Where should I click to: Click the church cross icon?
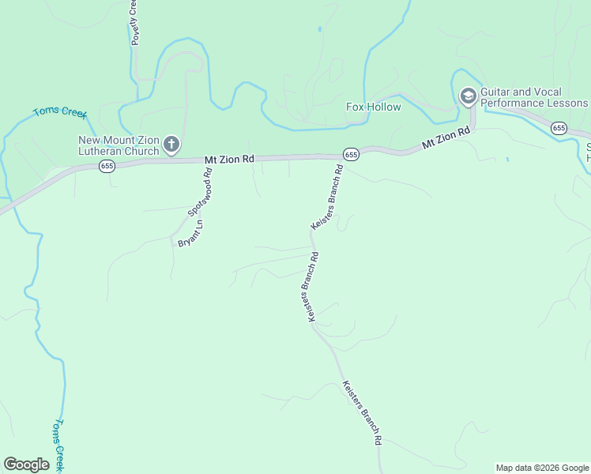click(x=171, y=145)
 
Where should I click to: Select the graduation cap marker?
click(x=467, y=96)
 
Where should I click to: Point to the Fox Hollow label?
click(x=374, y=107)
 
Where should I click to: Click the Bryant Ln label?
click(x=190, y=234)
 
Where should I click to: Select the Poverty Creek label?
click(x=135, y=22)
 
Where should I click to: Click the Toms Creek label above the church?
click(x=59, y=112)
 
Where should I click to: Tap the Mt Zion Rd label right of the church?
click(x=229, y=159)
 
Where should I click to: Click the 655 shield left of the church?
click(x=107, y=166)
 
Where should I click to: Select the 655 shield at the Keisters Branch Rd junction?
click(x=351, y=154)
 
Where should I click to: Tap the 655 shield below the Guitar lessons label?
click(x=559, y=128)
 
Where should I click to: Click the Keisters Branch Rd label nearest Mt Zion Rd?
click(x=327, y=197)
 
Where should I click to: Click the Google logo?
click(x=26, y=465)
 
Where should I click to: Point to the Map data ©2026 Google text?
click(x=542, y=468)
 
